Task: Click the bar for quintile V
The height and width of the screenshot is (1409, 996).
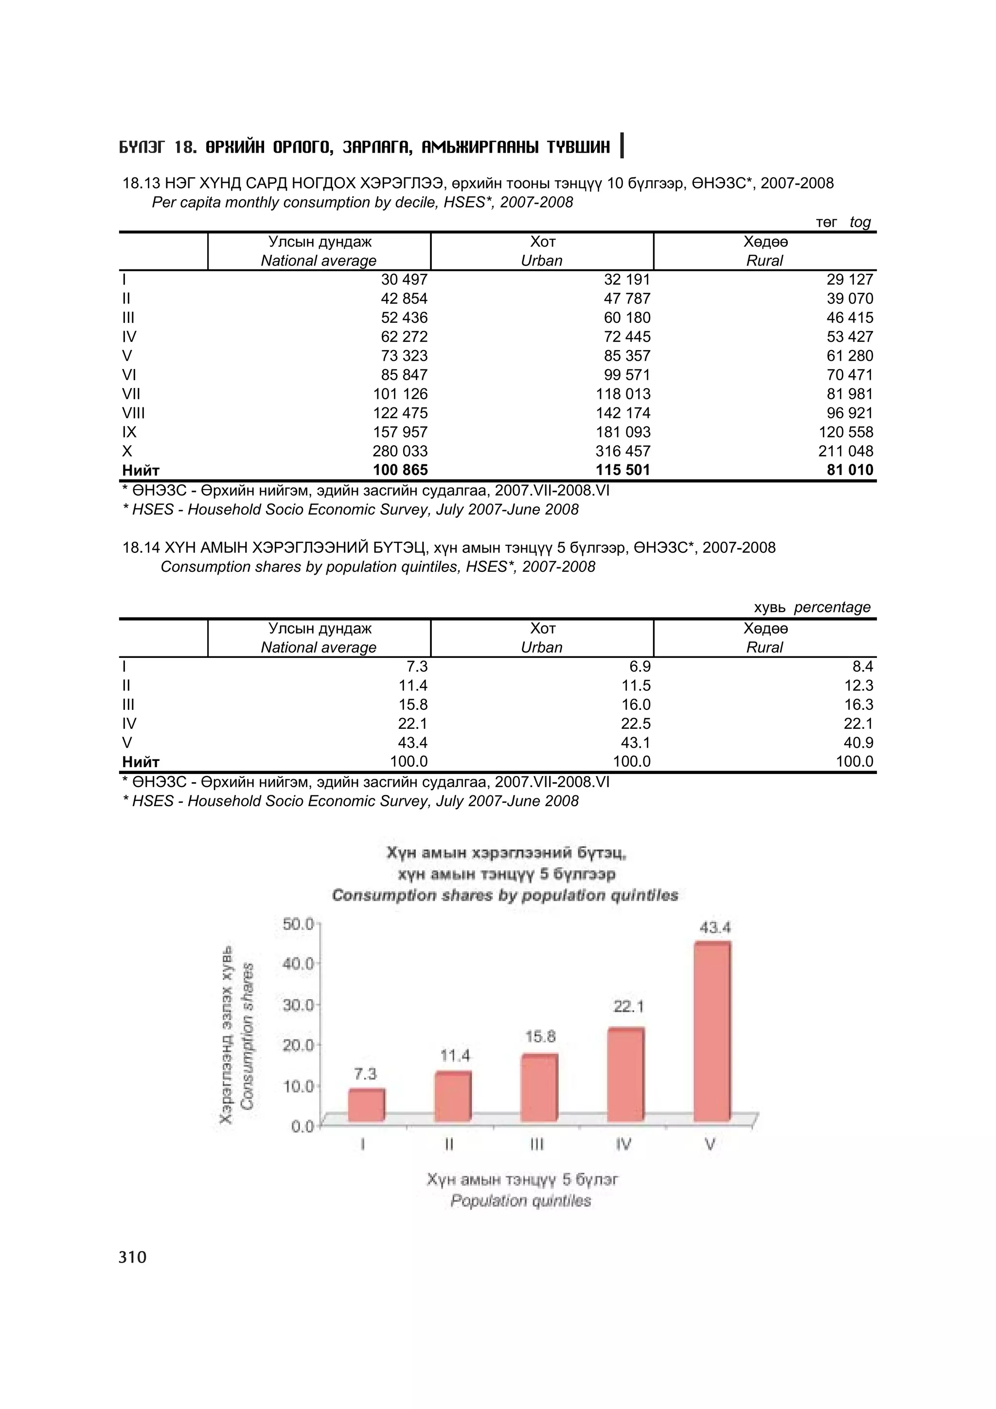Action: [712, 1030]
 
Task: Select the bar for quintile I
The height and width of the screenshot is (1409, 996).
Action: [366, 1105]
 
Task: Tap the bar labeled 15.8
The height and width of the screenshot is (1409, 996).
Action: [539, 1088]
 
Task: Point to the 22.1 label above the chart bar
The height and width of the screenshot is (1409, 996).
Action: [628, 1006]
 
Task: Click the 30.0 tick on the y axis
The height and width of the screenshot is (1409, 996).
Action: [298, 1004]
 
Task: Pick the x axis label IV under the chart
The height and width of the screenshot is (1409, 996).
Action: [623, 1145]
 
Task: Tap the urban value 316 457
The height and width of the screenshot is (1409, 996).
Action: [622, 451]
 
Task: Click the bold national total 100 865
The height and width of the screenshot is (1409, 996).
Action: [400, 470]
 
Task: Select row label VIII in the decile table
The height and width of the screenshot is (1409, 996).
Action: [133, 413]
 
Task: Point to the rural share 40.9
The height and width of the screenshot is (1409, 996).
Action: [858, 742]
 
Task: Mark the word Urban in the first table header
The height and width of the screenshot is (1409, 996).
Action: [541, 261]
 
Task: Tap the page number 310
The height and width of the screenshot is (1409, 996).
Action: [133, 1257]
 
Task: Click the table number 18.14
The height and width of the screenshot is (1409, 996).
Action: [141, 547]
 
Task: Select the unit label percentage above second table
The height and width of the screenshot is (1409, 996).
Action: [832, 607]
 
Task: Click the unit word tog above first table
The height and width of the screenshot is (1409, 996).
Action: [860, 222]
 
